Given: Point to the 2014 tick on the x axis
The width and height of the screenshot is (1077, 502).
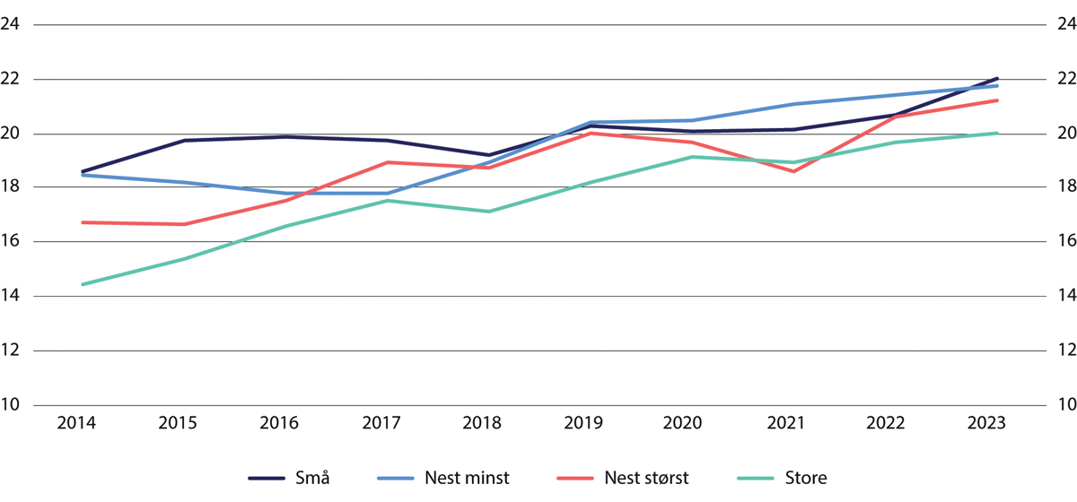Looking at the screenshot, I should tap(82, 423).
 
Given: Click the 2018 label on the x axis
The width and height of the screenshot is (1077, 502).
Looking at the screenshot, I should tap(489, 423).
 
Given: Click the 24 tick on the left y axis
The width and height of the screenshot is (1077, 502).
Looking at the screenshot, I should tap(13, 25).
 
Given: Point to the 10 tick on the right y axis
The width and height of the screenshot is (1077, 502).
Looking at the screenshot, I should tap(1065, 404).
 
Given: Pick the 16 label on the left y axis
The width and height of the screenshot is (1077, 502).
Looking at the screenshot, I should tap(13, 242).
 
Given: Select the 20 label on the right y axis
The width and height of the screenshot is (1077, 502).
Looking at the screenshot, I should tap(1065, 134).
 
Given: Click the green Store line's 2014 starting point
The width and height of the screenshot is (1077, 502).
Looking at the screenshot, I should tap(82, 284).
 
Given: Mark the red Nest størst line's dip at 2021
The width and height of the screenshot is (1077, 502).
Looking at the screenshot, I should tap(793, 171).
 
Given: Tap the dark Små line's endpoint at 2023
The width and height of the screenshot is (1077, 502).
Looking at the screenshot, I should tap(997, 79).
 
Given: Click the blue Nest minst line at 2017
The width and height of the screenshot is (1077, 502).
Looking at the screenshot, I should tap(387, 193).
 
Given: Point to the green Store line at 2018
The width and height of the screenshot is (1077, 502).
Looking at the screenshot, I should tap(489, 212).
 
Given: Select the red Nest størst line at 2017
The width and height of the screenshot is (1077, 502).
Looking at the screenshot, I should tap(387, 162).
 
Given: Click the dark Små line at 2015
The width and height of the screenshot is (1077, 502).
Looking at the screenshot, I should tap(184, 141).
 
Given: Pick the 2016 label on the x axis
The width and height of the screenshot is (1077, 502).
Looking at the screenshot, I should tap(285, 423).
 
